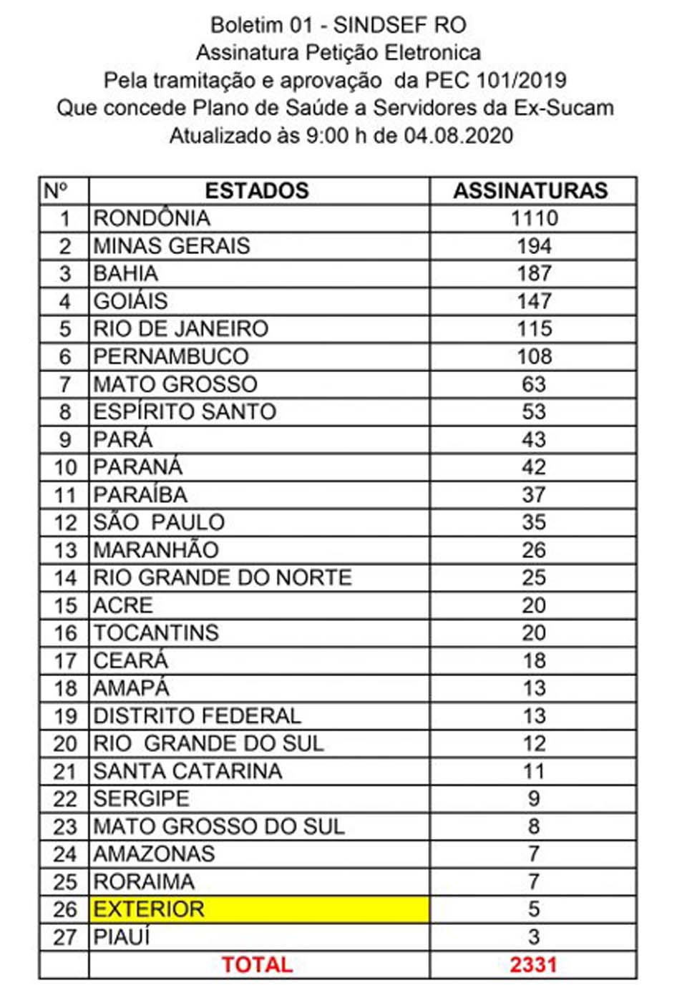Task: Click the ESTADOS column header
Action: [257, 191]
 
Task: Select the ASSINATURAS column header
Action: [530, 191]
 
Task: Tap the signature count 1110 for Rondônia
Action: [534, 218]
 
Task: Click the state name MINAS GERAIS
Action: [172, 246]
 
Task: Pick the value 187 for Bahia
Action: [534, 273]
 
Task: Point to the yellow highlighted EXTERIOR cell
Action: [259, 909]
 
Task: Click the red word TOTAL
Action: [257, 965]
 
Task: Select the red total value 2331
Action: [533, 965]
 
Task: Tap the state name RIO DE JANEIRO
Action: [181, 329]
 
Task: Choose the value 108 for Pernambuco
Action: [534, 356]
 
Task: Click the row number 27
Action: [64, 937]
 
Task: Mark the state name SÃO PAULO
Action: [159, 522]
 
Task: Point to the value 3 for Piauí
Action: [534, 937]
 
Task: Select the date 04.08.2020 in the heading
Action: [458, 135]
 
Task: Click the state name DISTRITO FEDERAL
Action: [198, 716]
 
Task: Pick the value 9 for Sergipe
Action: [534, 799]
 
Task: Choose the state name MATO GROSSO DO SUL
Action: [219, 827]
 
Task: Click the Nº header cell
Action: [56, 191]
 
